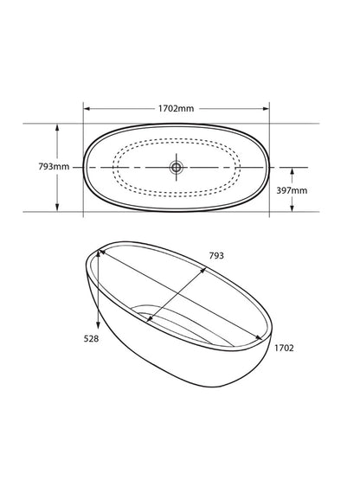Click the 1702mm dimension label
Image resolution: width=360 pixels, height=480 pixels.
pos(176,108)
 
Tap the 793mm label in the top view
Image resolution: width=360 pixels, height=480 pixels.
pos(54,167)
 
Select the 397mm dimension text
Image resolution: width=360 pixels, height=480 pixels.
pos(292,190)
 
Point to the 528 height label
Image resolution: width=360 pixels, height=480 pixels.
pos(92,338)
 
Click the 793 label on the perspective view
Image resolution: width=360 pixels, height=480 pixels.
pos(216,256)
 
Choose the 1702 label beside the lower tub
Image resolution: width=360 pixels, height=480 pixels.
pos(284,348)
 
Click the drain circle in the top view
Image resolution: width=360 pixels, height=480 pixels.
pos(176,167)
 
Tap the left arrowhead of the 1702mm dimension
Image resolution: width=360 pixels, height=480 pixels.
pos(87,108)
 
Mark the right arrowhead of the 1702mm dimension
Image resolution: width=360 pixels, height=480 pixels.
pos(266,108)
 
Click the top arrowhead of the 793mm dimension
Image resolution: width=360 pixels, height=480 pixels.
pos(57,127)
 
